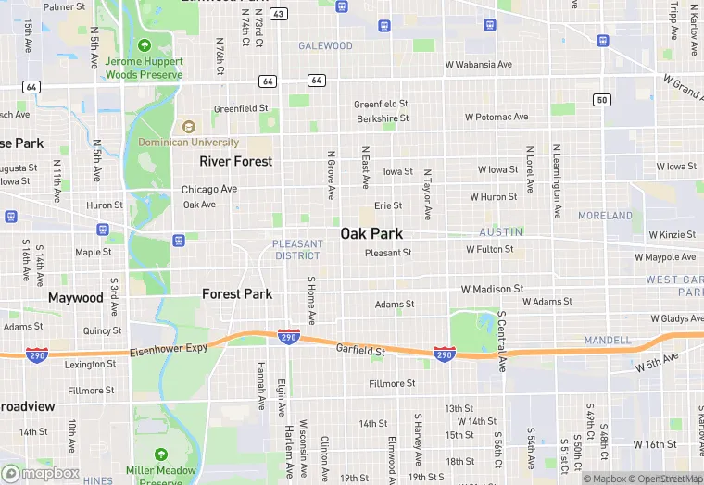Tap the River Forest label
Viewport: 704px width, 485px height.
click(236, 161)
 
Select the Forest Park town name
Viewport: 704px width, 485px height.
click(237, 294)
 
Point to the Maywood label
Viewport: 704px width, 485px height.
click(76, 298)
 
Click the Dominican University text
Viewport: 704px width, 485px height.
click(189, 143)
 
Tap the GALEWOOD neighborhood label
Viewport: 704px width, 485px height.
click(325, 45)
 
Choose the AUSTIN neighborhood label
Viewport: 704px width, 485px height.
click(501, 231)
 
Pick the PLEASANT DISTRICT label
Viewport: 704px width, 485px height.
click(297, 250)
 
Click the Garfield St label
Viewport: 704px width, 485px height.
click(360, 351)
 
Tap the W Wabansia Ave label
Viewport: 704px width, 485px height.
click(478, 65)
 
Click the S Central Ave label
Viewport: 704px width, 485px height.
click(501, 341)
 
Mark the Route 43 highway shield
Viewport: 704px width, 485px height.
click(280, 13)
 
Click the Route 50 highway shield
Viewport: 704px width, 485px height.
click(602, 99)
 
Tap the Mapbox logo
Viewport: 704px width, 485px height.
click(41, 473)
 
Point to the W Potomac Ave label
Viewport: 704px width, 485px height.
click(497, 118)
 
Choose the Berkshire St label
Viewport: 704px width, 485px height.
click(383, 118)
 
